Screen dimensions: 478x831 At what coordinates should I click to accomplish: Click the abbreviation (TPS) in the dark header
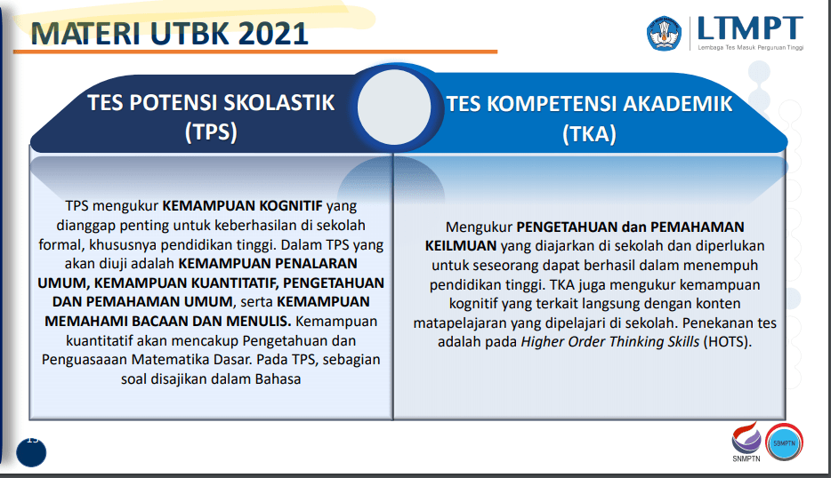click(211, 132)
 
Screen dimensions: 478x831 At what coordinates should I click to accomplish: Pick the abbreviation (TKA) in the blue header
click(589, 134)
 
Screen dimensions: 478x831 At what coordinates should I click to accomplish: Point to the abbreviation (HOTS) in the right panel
click(730, 342)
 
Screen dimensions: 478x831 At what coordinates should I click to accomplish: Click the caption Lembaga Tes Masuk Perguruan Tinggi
click(750, 47)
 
